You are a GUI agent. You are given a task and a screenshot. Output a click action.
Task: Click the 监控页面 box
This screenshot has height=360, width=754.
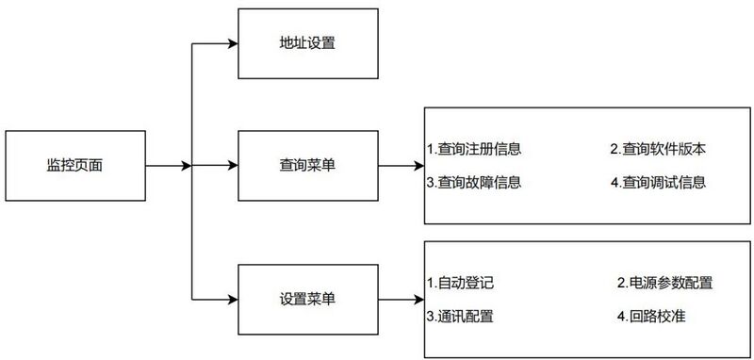(74, 166)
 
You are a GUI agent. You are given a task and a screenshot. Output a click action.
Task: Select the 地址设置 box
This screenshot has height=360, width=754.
(308, 42)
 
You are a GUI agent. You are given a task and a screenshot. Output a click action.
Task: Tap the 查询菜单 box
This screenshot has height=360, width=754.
(308, 166)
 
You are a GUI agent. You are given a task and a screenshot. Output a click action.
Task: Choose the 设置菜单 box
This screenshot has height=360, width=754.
(308, 299)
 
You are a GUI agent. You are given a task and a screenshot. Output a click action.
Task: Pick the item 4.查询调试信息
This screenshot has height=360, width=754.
(658, 182)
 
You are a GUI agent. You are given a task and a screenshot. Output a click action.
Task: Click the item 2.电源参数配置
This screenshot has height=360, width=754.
(665, 283)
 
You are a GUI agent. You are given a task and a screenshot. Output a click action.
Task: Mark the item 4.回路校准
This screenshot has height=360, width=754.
(651, 315)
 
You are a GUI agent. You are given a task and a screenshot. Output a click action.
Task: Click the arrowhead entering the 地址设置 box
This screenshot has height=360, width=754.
(232, 42)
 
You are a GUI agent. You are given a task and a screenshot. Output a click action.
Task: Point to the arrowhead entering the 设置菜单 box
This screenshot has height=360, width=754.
(232, 299)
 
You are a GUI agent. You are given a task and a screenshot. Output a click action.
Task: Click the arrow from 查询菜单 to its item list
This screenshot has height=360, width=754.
(402, 167)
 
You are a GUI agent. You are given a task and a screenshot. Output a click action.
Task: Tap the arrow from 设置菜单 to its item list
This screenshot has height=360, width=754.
(402, 300)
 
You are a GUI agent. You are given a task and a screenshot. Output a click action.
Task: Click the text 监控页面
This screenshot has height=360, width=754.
(74, 166)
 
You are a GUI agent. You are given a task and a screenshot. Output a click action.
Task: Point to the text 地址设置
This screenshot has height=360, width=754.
(308, 42)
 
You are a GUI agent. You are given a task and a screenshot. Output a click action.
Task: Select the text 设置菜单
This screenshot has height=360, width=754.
(308, 299)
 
